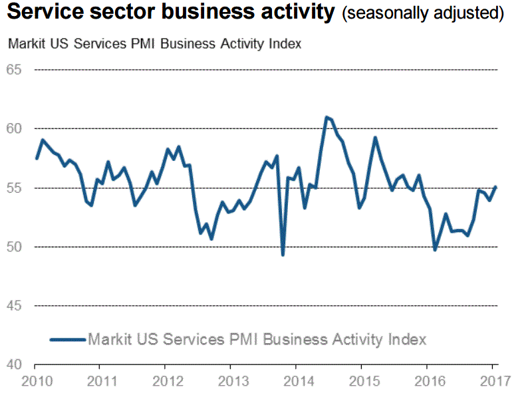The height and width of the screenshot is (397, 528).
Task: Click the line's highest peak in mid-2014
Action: point(327,117)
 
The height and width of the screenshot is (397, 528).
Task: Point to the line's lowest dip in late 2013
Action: point(283,255)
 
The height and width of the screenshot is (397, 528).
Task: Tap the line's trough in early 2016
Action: point(436,250)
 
